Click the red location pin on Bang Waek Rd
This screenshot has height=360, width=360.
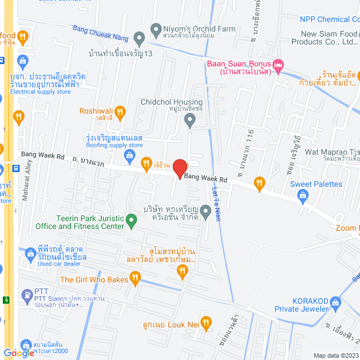(x=179, y=169)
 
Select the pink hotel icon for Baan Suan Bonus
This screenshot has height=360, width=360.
(x=278, y=67)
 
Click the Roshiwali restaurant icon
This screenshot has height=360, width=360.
(x=19, y=117)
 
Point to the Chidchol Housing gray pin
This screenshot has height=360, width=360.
(x=190, y=119)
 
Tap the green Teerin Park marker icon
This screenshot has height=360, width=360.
(x=132, y=221)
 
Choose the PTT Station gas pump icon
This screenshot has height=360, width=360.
(x=26, y=294)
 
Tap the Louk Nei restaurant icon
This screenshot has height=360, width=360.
(x=206, y=323)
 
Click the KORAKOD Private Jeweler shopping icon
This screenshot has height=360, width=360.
(x=335, y=302)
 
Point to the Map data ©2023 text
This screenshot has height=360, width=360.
(x=335, y=355)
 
